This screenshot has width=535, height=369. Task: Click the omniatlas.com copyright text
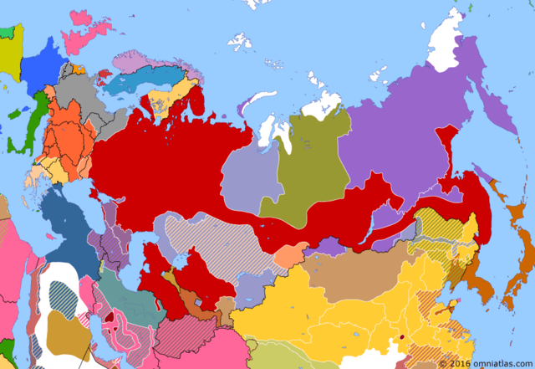[x=485, y=363]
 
